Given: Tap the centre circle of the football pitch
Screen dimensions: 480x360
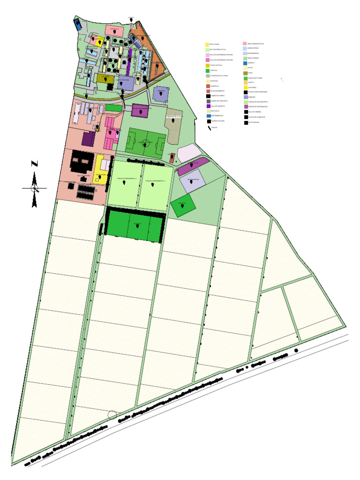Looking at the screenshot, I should point(146,142).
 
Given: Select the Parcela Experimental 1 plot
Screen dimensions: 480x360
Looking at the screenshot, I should point(124,185).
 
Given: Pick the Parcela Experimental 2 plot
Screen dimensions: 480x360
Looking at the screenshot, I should point(154,185).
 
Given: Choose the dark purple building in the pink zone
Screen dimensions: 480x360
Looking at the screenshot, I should point(88,139).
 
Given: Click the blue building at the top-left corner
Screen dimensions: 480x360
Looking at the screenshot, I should point(78,23).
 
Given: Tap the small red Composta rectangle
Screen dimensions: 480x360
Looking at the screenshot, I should point(172,157).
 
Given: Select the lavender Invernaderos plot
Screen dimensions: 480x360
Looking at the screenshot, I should point(192,180).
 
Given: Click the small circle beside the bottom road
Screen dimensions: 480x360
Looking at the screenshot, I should point(112,415).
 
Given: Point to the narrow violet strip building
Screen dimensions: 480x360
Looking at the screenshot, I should point(129,59).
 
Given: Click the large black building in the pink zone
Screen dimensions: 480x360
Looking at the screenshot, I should point(81,164).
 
